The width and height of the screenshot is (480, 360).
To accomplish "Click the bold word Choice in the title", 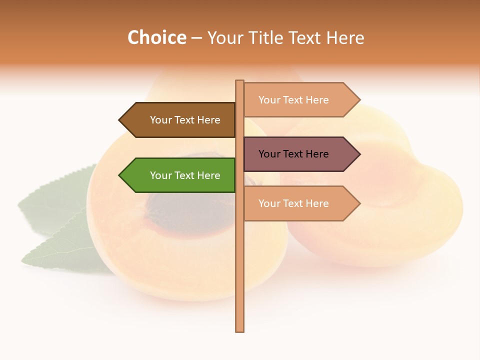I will click(156, 37).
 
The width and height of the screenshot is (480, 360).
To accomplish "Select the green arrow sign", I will click(180, 175).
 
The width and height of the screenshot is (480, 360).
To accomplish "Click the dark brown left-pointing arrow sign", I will click(180, 120).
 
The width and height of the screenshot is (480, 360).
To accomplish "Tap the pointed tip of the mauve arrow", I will click(359, 154).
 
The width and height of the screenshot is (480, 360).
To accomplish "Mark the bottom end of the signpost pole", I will click(240, 330).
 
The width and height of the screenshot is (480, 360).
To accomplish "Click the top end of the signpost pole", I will click(240, 81).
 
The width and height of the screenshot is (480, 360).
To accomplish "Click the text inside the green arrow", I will click(185, 175).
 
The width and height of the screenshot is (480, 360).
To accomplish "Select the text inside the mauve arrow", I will click(293, 154).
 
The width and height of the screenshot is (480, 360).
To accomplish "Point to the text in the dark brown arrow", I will click(185, 120).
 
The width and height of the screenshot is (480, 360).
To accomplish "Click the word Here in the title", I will click(345, 37).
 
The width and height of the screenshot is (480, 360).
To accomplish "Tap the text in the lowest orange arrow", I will click(293, 203).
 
